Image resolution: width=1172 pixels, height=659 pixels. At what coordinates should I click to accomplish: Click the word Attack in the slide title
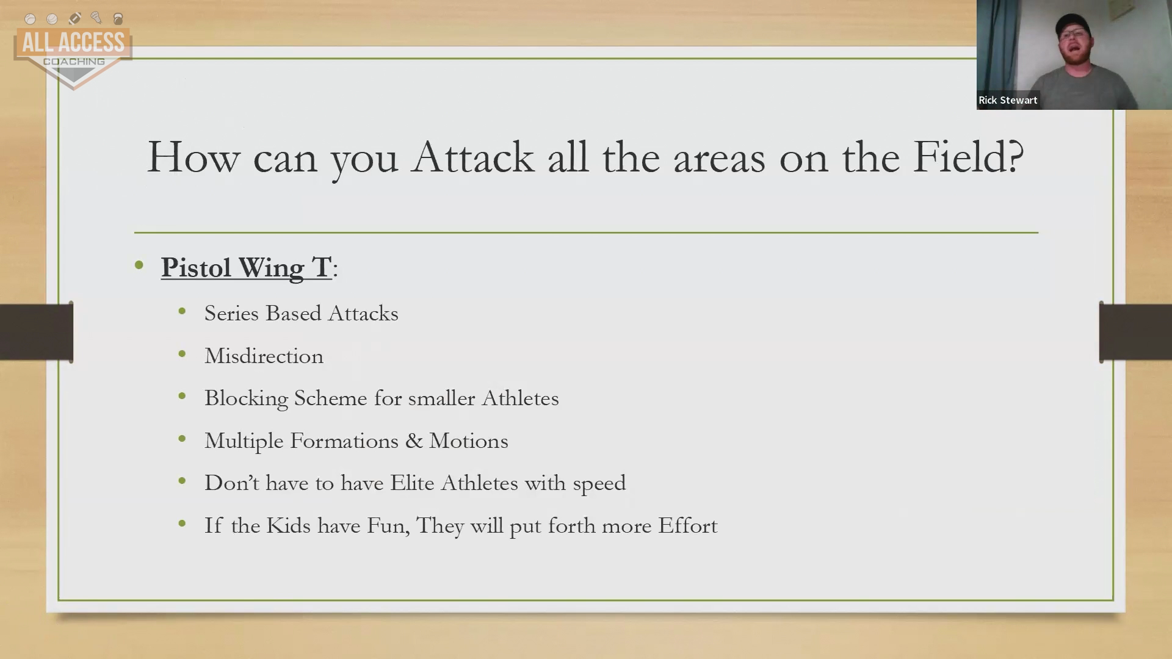pos(472,157)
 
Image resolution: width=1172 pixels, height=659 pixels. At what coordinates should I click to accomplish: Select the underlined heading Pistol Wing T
pos(246,268)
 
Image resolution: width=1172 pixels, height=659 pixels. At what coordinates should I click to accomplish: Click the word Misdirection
pos(264,356)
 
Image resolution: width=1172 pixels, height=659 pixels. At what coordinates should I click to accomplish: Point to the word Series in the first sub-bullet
pos(231,313)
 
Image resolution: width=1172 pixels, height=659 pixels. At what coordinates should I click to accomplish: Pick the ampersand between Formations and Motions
pos(413,441)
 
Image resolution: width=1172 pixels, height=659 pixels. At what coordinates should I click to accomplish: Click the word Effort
pos(687,525)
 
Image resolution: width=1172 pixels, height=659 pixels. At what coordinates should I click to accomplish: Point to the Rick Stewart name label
pos(1008,100)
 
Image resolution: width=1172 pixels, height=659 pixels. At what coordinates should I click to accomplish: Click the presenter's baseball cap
pos(1073,24)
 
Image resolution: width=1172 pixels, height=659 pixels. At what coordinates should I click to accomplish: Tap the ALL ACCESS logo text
pos(73,43)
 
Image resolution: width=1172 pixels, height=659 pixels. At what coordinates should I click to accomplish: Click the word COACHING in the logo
pos(74,62)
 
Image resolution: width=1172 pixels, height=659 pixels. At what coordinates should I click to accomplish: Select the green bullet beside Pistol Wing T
pos(139,265)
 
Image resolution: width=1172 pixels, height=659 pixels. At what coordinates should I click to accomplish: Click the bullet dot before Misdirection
pos(182,354)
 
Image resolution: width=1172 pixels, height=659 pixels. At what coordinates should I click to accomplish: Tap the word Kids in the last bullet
pos(288,525)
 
